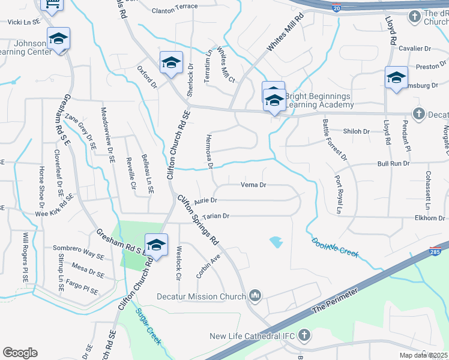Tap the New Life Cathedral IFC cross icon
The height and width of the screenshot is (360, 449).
pos(304,335)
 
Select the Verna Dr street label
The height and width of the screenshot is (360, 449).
pos(253,185)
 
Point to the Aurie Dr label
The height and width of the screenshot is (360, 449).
pos(205,200)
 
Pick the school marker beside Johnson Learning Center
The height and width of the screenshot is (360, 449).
pos(58,40)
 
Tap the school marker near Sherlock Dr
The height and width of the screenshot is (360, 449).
pos(171,63)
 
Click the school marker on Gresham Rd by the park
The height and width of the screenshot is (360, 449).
pos(156,245)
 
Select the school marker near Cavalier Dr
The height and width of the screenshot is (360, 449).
pos(396,78)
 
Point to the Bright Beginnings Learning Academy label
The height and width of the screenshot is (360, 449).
pos(319,100)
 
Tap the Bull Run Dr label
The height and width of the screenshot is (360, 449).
pos(393,163)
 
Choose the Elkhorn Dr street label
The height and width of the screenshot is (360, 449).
pos(427,218)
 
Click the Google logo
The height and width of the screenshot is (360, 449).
pos(20,353)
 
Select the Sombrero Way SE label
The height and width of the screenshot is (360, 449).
pos(78,248)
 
